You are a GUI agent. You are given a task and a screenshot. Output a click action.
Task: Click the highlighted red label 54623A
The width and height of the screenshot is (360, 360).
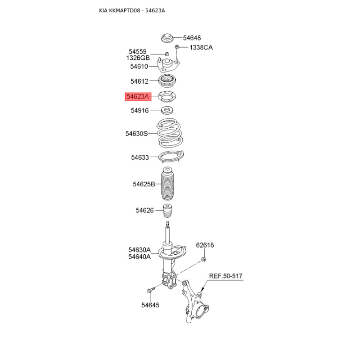coord(138,96)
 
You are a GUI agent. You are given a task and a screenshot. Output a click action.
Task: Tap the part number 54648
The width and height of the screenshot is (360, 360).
coord(192,38)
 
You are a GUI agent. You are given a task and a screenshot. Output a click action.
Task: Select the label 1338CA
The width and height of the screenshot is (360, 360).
coord(201,48)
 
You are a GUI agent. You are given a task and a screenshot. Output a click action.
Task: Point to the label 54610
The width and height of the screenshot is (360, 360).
coord(139,67)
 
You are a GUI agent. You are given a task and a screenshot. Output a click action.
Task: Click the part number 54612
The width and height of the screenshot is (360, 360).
coord(139,81)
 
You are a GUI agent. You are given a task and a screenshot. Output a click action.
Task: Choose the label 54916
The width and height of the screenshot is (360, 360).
coord(139,110)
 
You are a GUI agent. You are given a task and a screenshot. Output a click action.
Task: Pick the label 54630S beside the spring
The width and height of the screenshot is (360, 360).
coord(136,134)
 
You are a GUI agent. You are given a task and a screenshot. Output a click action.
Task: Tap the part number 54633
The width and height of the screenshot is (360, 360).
coord(140,157)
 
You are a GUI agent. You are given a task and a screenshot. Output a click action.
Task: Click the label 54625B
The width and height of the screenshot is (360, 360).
coord(144,184)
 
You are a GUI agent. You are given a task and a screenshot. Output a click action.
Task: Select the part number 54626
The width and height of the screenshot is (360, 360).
coord(144,210)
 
